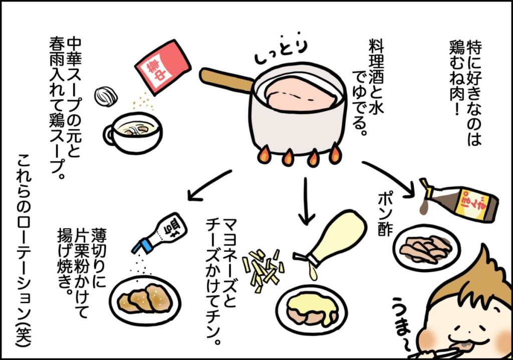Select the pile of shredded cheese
pos(263,268)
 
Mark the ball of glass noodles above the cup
pos(106,95)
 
